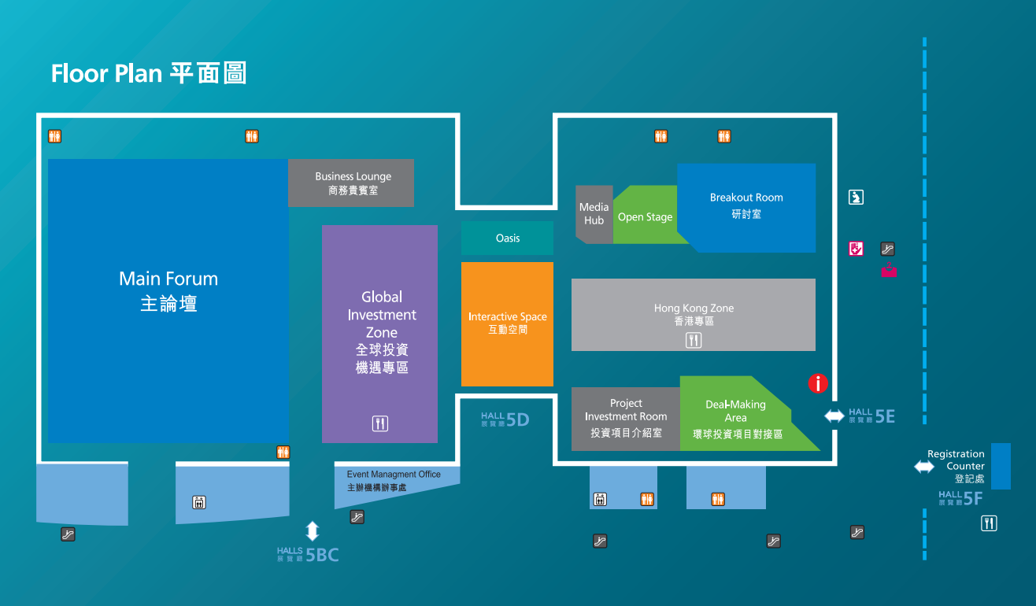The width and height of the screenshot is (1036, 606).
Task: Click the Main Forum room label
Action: click(168, 290)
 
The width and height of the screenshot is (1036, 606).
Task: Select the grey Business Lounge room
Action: click(351, 183)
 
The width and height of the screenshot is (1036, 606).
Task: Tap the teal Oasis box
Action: click(507, 238)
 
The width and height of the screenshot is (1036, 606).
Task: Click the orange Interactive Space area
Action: click(507, 324)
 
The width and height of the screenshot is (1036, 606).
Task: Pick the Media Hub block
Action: click(594, 215)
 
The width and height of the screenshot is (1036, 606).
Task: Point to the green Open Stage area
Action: click(646, 215)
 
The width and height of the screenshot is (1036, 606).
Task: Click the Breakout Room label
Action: click(746, 205)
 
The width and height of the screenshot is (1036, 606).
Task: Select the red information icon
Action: click(818, 383)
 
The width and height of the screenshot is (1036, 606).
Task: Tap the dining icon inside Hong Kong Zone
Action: click(694, 340)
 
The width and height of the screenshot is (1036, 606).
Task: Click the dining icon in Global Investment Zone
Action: click(380, 423)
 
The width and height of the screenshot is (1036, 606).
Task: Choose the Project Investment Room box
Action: click(626, 419)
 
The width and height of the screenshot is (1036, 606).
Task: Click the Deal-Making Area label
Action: click(737, 419)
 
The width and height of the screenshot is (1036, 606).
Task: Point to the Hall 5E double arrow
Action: click(834, 416)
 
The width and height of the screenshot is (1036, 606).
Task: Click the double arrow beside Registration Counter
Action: click(924, 467)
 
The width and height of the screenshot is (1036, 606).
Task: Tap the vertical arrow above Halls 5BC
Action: click(313, 531)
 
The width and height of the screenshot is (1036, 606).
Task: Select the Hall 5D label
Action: click(505, 419)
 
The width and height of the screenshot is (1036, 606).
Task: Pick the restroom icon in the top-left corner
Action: click(54, 136)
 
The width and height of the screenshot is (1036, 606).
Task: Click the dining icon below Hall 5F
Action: click(989, 523)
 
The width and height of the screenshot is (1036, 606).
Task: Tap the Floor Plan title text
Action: click(149, 73)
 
